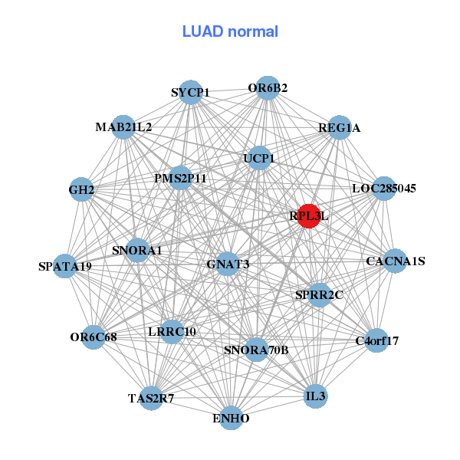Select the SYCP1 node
190,93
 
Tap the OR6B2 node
267,88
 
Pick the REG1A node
339,127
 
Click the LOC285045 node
383,188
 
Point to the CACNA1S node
395,261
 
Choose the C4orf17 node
376,340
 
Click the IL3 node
315,396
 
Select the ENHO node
231,418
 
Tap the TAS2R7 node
151,398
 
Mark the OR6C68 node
94,337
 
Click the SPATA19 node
66,266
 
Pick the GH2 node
81,189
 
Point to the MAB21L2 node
123,127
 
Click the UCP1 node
259,159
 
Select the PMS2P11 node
180,179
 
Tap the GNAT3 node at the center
228,264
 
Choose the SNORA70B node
256,350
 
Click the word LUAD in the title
199,31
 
